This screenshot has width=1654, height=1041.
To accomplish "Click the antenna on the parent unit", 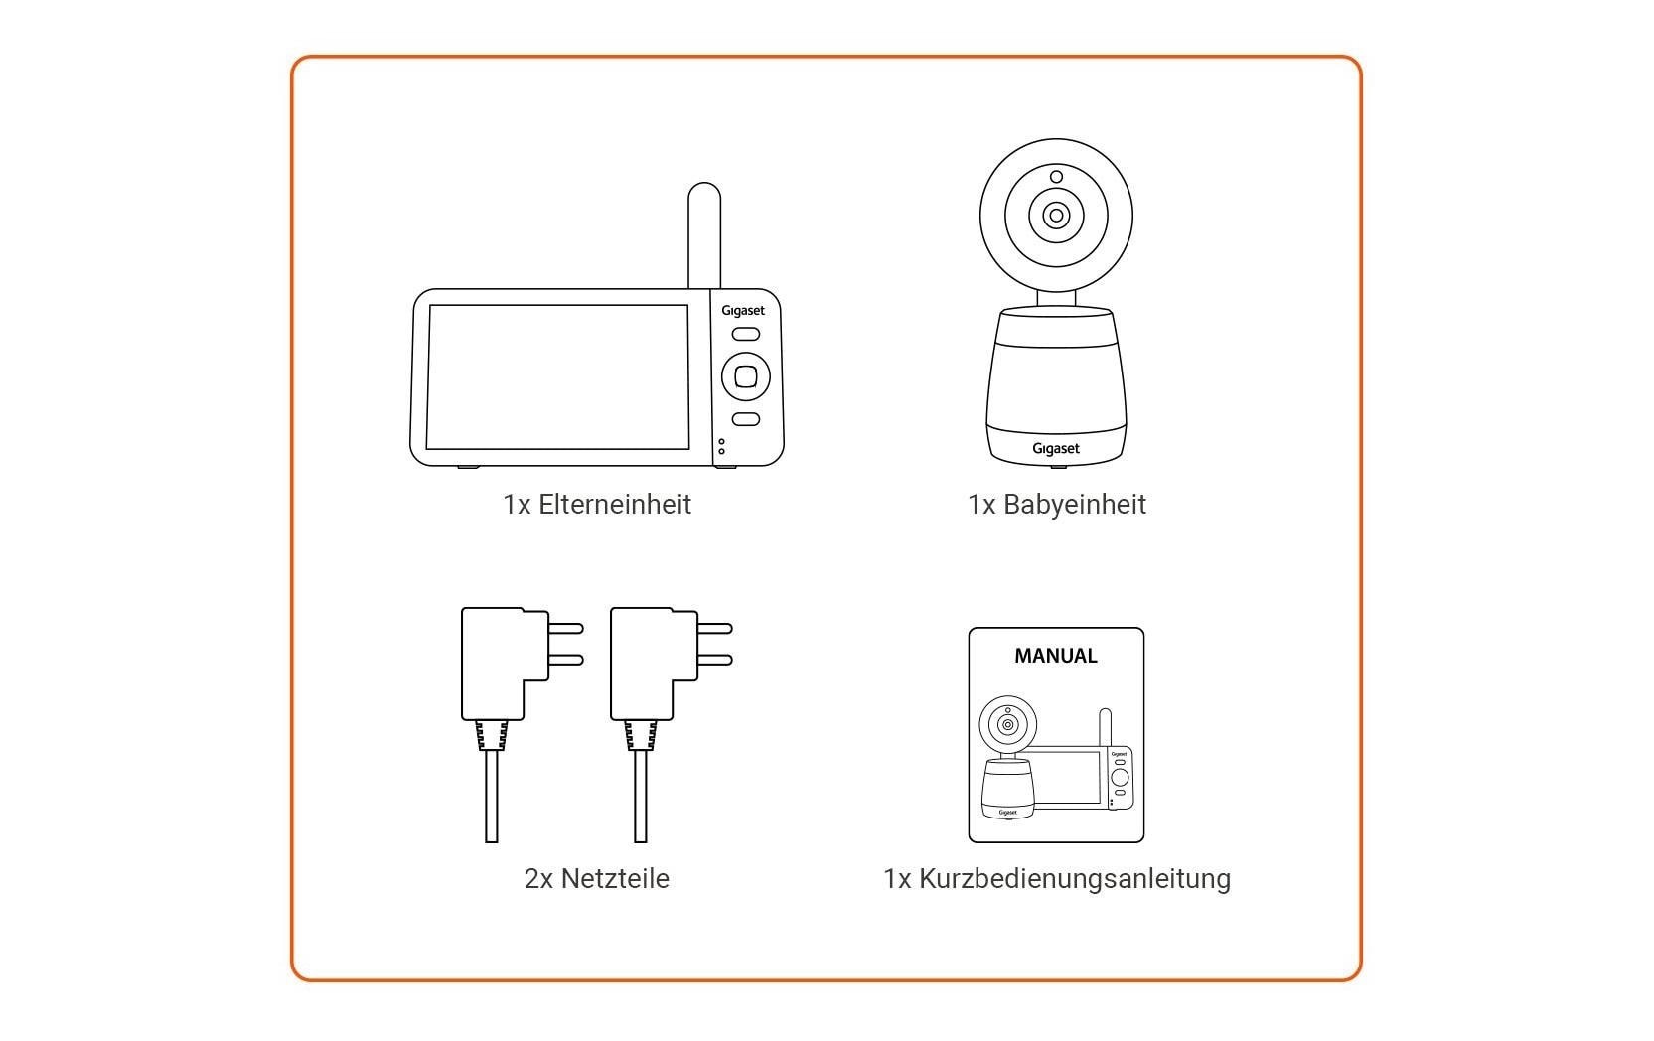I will click(703, 233).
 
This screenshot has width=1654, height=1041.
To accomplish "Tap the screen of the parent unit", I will click(557, 376).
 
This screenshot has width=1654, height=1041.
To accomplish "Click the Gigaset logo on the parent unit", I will click(743, 311).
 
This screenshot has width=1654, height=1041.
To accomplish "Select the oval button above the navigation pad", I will click(745, 335).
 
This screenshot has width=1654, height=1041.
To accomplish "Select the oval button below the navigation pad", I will click(745, 419).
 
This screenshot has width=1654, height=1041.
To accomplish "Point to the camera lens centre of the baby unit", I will click(1056, 216).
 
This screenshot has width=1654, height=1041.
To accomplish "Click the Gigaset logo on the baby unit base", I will click(1055, 449).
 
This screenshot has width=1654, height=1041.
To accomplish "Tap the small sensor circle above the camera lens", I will click(1056, 177).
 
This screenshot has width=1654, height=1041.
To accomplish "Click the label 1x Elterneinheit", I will click(597, 505).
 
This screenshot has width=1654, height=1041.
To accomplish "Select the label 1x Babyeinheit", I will click(1056, 505).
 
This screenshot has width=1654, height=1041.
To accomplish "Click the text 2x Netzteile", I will click(596, 879).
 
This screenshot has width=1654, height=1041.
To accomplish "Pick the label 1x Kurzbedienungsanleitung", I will click(1056, 879).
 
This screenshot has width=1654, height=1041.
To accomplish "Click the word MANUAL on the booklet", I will click(1055, 656).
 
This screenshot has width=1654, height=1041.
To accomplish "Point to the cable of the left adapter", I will click(491, 795).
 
